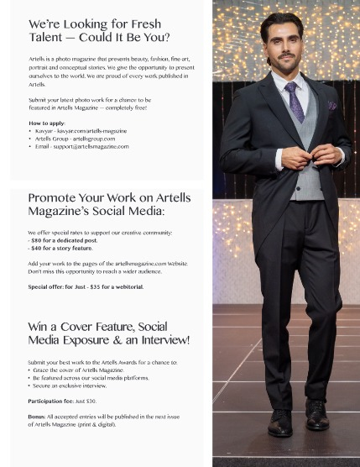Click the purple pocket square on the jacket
pos(332,106)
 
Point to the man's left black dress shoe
pos(317,414)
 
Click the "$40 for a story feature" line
pos(60,248)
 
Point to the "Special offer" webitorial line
pos(86,286)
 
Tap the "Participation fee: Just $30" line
pos(62,401)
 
